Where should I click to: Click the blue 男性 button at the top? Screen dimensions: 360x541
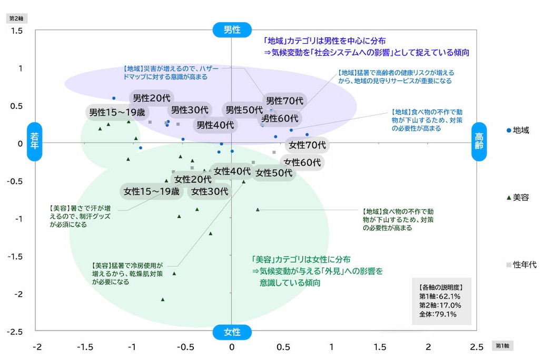coord(232,29)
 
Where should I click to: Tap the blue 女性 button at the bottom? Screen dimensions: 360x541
coord(232,332)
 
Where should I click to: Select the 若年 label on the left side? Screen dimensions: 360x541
coord(35,142)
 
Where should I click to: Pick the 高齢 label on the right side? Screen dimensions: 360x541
coord(479,142)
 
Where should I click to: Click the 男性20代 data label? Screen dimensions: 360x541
coord(152,98)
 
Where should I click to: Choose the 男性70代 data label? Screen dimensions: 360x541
coord(284,100)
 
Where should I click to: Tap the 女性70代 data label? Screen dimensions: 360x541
coord(307,145)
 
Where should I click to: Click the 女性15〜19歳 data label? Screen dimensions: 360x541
coord(152,192)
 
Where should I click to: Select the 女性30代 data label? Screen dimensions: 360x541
coord(210,192)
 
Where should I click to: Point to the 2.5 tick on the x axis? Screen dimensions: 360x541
coord(476,347)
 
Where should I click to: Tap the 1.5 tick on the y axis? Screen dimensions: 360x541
coord(17,31)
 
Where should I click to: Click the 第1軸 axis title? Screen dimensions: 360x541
coord(503,346)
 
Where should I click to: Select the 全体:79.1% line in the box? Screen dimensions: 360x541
coord(437,315)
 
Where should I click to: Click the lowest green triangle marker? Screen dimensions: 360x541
coord(163,299)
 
